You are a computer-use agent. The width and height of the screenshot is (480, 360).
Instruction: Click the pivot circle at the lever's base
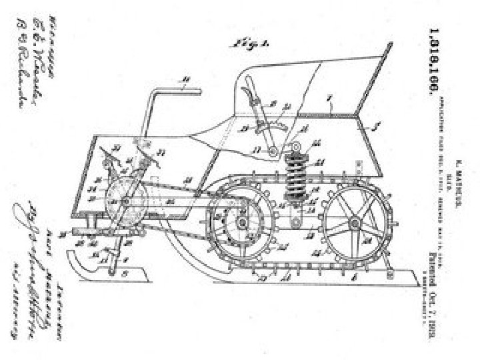(273, 154)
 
